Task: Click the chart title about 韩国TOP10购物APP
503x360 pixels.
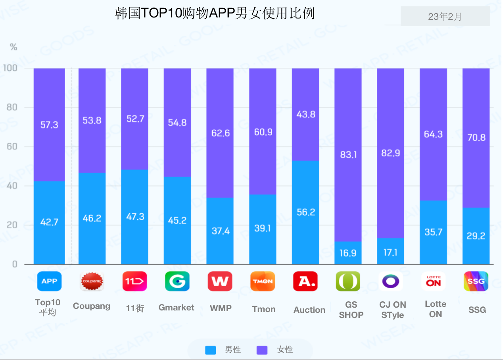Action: click(215, 13)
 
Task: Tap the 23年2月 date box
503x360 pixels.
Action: click(445, 17)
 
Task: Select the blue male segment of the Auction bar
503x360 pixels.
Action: click(305, 212)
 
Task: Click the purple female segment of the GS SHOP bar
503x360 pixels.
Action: click(348, 155)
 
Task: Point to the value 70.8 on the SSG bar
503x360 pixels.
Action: click(476, 138)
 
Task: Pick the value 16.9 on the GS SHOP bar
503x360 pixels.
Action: click(348, 253)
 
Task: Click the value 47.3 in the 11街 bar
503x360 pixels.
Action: click(135, 217)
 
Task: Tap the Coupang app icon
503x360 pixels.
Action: click(92, 281)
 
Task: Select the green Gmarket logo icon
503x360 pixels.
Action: click(177, 281)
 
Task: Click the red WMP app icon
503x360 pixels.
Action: click(220, 281)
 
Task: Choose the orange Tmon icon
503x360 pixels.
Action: click(263, 281)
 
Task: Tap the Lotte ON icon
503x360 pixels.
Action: click(433, 281)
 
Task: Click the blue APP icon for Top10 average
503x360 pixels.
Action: click(49, 281)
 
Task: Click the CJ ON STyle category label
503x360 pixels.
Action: click(392, 310)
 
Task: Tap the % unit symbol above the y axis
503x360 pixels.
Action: click(13, 47)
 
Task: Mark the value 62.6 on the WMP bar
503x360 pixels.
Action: click(220, 133)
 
